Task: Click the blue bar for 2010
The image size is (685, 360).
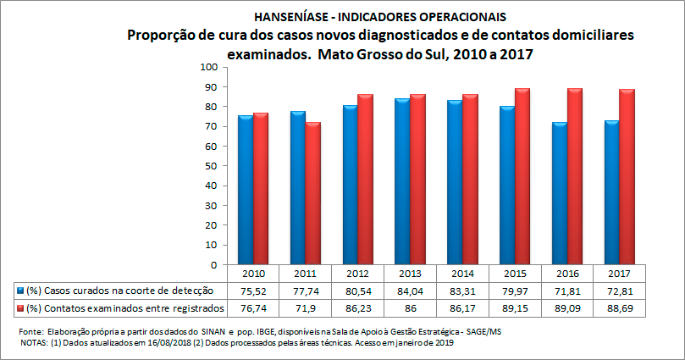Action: pyautogui.click(x=245, y=190)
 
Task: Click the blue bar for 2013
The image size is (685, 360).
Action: pyautogui.click(x=402, y=181)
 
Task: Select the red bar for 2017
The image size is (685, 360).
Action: pyautogui.click(x=627, y=177)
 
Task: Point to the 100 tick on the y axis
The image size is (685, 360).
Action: pyautogui.click(x=206, y=67)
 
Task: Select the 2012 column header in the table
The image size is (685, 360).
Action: pyautogui.click(x=357, y=274)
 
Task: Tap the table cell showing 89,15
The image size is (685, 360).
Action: pyautogui.click(x=515, y=307)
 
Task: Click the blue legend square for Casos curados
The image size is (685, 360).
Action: pyautogui.click(x=20, y=291)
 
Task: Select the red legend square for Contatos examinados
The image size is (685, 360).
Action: pyautogui.click(x=20, y=307)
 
